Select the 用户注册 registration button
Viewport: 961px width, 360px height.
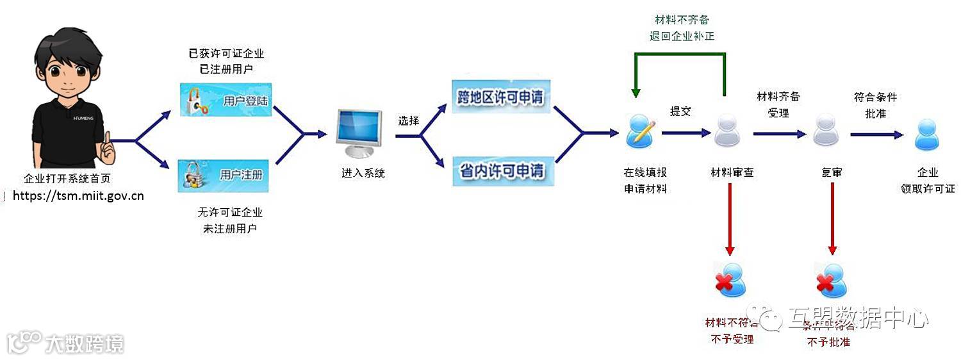pyautogui.click(x=223, y=175)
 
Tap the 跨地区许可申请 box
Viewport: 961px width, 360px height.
pyautogui.click(x=502, y=97)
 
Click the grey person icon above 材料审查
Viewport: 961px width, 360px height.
pyautogui.click(x=727, y=130)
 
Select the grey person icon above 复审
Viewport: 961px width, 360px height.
pyautogui.click(x=826, y=130)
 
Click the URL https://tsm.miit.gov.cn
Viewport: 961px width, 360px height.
pyautogui.click(x=78, y=195)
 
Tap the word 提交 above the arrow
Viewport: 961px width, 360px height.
pyautogui.click(x=680, y=111)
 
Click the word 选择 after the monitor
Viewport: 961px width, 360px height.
pyautogui.click(x=408, y=120)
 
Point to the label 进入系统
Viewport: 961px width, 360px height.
pyautogui.click(x=363, y=173)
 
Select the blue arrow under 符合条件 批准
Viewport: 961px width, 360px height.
pyautogui.click(x=876, y=135)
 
